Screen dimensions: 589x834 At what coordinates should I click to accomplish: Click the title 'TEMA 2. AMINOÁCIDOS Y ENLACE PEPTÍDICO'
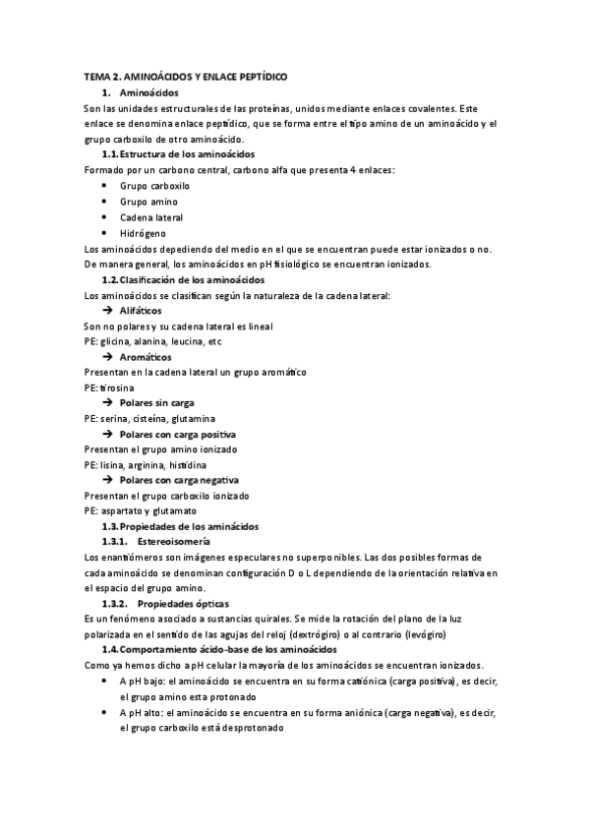point(186,77)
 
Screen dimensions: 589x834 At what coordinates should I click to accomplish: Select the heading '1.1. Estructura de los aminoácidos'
point(178,155)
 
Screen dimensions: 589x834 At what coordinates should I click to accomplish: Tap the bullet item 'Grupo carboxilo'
point(154,186)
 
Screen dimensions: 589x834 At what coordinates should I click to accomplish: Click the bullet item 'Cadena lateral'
point(151,217)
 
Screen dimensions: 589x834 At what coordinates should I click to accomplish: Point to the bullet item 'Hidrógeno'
point(143,233)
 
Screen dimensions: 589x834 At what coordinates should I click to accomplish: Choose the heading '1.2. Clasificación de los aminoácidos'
point(183,280)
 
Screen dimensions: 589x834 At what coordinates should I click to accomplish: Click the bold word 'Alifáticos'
point(144,310)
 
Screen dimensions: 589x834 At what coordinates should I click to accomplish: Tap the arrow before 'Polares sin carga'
point(108,402)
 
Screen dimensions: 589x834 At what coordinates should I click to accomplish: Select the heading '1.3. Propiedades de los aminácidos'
point(180,527)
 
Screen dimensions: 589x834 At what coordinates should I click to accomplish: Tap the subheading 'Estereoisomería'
point(173,542)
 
